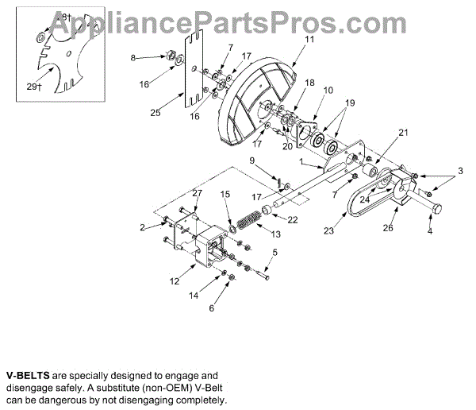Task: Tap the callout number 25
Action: tap(155, 114)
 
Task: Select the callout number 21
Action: tap(402, 132)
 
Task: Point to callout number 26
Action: tap(388, 227)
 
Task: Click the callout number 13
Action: tap(276, 234)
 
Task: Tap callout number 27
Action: tap(198, 193)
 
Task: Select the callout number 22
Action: tap(293, 219)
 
